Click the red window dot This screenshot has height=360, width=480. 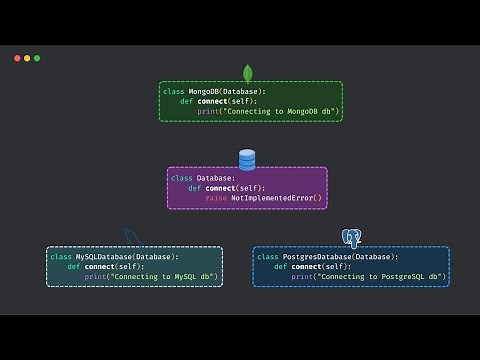(x=17, y=58)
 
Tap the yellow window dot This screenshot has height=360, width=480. (x=27, y=58)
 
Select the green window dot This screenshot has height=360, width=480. (x=37, y=58)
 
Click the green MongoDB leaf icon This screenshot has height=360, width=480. (x=247, y=73)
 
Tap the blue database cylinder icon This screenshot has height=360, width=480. (x=247, y=159)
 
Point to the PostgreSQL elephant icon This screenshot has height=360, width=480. (x=351, y=238)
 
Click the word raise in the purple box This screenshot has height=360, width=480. (x=216, y=198)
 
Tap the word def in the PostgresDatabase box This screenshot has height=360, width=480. (x=280, y=267)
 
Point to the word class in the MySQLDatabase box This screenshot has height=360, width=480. (x=61, y=257)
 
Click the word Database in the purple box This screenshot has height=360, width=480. (x=216, y=178)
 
